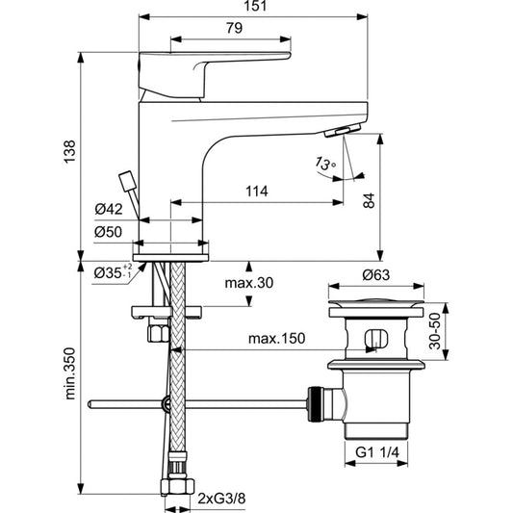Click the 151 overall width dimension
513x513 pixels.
255,6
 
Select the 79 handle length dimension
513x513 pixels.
234,28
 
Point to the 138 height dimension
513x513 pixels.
69,151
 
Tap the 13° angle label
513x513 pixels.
325,164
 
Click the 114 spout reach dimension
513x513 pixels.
256,192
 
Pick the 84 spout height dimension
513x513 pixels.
369,200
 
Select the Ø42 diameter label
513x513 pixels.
109,209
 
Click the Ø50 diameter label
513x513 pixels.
109,232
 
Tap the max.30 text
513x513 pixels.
249,283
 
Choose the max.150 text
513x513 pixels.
277,338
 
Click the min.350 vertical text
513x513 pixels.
69,373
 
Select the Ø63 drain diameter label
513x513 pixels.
376,275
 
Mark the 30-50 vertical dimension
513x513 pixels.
435,331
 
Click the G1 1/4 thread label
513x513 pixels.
377,452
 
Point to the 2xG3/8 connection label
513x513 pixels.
221,499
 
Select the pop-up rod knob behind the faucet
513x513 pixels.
128,181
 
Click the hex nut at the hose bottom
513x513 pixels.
177,486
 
